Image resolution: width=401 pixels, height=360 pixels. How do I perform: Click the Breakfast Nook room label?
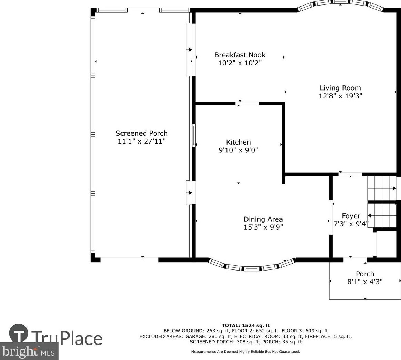pyautogui.click(x=240, y=55)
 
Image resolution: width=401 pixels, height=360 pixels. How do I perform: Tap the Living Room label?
pyautogui.click(x=340, y=88)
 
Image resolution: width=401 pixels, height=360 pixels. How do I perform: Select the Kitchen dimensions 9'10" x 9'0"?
pyautogui.click(x=238, y=150)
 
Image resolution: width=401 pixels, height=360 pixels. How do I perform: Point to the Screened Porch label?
pyautogui.click(x=141, y=133)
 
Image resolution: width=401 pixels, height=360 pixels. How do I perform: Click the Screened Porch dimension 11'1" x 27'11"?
pyautogui.click(x=141, y=141)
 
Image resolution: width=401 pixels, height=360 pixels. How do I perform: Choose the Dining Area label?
pyautogui.click(x=263, y=219)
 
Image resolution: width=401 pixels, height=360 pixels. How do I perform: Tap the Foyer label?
pyautogui.click(x=351, y=216)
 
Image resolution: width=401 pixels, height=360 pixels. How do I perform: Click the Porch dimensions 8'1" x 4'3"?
pyautogui.click(x=365, y=282)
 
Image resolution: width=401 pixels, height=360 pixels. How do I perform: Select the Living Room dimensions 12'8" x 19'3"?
pyautogui.click(x=340, y=96)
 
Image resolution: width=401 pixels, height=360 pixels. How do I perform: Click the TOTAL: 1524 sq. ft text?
pyautogui.click(x=245, y=325)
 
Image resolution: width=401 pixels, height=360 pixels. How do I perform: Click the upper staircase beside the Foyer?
pyautogui.click(x=382, y=188)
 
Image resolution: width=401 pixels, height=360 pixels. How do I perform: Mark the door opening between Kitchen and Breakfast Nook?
pyautogui.click(x=247, y=103)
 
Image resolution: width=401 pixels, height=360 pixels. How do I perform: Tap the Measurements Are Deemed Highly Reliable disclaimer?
pyautogui.click(x=245, y=352)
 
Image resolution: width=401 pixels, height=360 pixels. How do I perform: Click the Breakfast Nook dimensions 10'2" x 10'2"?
pyautogui.click(x=240, y=63)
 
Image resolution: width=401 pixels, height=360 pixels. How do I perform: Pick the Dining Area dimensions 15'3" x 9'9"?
pyautogui.click(x=263, y=227)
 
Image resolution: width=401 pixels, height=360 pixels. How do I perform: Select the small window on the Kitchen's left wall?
pyautogui.click(x=194, y=135)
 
